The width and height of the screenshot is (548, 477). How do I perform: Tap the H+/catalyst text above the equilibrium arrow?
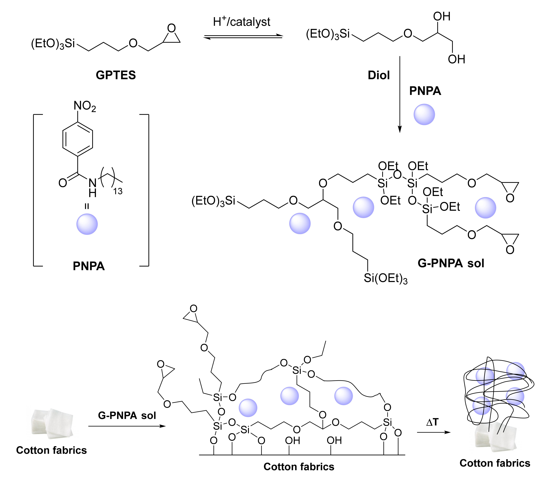click(x=242, y=22)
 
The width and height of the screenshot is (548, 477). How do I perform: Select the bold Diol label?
click(x=378, y=75)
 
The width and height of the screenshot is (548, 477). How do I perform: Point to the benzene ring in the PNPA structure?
click(x=78, y=139)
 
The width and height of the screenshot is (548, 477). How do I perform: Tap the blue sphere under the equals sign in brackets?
click(x=87, y=224)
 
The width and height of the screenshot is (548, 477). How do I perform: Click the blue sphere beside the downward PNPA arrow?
click(x=424, y=114)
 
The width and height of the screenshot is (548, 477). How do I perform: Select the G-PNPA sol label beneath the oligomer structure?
click(x=451, y=263)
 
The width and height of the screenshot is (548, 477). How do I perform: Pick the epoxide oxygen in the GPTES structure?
click(x=172, y=28)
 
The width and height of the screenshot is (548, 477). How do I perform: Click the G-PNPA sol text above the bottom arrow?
click(x=127, y=415)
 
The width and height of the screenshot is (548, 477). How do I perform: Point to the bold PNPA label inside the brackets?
click(x=89, y=266)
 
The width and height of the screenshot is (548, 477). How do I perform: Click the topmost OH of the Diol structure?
click(x=442, y=17)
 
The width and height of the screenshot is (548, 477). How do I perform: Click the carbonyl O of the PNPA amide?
click(x=63, y=183)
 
